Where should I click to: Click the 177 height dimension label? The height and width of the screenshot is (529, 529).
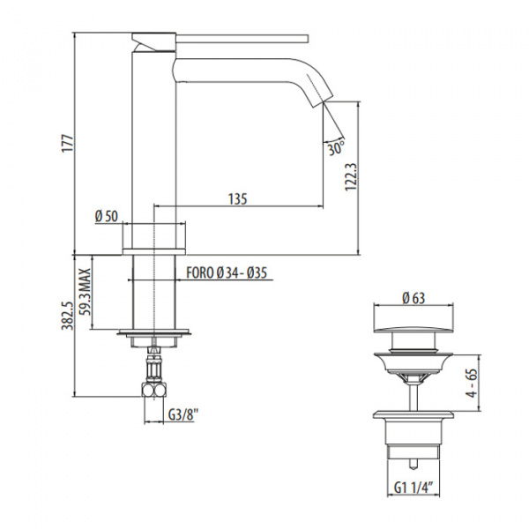click(68, 144)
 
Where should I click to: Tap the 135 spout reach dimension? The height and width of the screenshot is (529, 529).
click(238, 198)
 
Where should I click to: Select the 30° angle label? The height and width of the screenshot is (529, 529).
click(336, 148)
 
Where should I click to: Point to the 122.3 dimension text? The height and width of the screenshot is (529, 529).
click(351, 177)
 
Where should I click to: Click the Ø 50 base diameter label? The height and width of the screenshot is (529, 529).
click(107, 216)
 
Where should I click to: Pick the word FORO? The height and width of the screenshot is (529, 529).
click(200, 272)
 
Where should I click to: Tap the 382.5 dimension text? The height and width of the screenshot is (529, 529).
click(67, 315)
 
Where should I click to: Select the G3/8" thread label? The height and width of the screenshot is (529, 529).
click(183, 414)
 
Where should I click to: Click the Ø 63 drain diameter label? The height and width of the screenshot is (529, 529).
click(414, 298)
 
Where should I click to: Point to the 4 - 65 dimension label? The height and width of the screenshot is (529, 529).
click(473, 383)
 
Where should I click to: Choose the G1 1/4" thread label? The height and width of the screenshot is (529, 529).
click(414, 488)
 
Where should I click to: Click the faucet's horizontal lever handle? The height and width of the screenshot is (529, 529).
click(242, 39)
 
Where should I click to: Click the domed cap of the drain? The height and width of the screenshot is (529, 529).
click(414, 329)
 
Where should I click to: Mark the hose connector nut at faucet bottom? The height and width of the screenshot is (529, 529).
click(153, 391)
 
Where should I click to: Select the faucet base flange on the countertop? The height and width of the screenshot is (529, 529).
click(153, 251)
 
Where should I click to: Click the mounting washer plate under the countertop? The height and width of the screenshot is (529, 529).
click(153, 332)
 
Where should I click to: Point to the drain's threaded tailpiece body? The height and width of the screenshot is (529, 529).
click(414, 439)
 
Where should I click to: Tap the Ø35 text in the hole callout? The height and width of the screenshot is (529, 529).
click(257, 273)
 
